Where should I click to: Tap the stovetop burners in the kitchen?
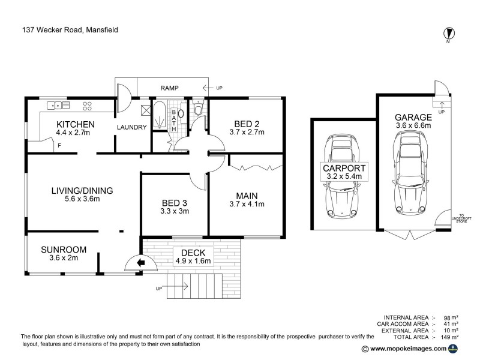tap(87, 106)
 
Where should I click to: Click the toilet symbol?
tap(198, 110)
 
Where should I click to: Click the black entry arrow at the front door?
tap(142, 262)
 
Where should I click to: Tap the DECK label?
tap(190, 253)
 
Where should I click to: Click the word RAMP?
tap(170, 88)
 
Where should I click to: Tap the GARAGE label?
tap(413, 117)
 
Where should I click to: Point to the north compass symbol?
tap(448, 33)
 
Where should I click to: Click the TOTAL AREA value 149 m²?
tap(451, 337)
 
